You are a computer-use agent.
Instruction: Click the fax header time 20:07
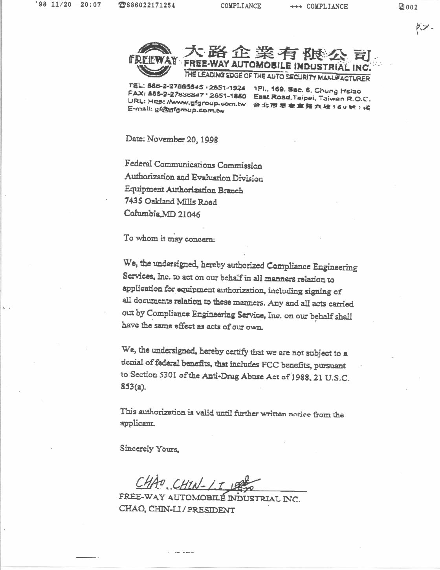90,5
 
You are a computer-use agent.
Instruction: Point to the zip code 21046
189,214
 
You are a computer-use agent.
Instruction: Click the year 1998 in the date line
209,140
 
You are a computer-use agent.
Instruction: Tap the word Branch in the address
231,191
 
